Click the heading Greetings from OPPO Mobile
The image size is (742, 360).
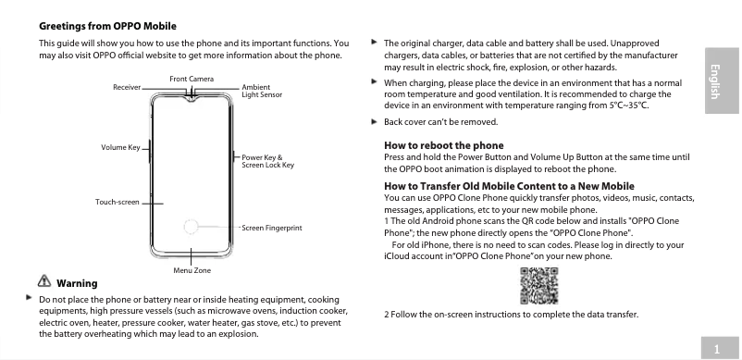pyautogui.click(x=107, y=26)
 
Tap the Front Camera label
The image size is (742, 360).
pyautogui.click(x=192, y=78)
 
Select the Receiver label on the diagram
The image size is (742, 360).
pyautogui.click(x=127, y=86)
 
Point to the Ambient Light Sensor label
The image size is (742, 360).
pyautogui.click(x=262, y=91)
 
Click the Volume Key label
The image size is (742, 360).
pyautogui.click(x=119, y=148)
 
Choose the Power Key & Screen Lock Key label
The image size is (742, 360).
pyautogui.click(x=267, y=161)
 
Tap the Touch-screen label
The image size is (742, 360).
pyautogui.click(x=117, y=202)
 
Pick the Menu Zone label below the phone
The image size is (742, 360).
pyautogui.click(x=192, y=269)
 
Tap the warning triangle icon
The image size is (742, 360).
pyautogui.click(x=45, y=281)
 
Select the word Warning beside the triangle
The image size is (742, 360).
pyautogui.click(x=78, y=282)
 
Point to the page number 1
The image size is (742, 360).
pyautogui.click(x=716, y=347)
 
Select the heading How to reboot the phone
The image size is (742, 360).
pyautogui.click(x=443, y=145)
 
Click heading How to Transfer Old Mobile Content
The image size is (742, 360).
pyautogui.click(x=508, y=187)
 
